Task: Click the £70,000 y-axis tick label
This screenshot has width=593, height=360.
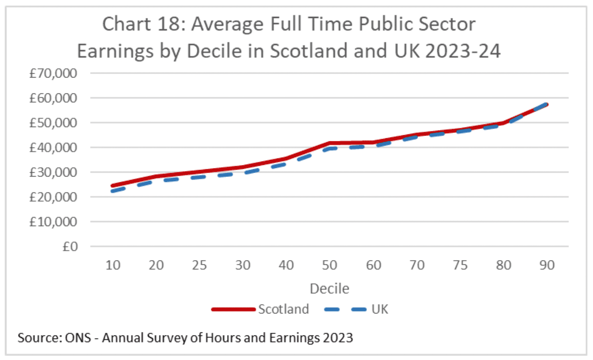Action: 53,74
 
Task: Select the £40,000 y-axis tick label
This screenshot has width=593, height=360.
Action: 53,148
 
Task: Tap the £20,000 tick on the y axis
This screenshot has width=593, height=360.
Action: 53,197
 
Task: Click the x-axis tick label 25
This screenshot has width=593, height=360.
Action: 200,265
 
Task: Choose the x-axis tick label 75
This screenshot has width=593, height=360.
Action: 460,265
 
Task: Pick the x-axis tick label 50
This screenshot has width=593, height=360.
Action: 330,265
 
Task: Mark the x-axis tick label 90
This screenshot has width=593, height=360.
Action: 547,265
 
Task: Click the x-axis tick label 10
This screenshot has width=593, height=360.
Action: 112,265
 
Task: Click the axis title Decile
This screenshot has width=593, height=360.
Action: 330,288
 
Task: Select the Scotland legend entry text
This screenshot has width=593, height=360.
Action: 284,309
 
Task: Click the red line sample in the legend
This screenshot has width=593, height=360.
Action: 234,309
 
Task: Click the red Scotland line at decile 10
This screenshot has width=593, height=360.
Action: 112,186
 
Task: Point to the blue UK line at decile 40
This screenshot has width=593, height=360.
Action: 287,164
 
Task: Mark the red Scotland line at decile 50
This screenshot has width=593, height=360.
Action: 330,143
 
